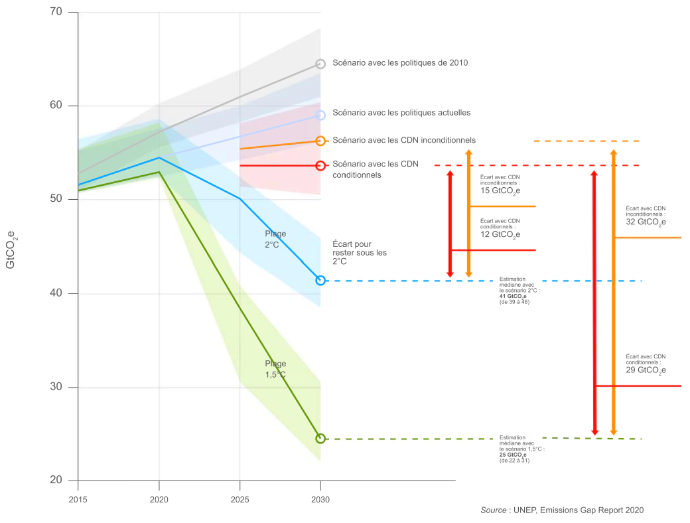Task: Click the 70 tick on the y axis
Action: [55, 12]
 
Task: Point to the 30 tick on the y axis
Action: [55, 387]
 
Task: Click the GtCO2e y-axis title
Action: [11, 250]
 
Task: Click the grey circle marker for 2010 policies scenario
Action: [320, 64]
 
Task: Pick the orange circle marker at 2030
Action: [320, 141]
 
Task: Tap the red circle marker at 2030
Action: [320, 165]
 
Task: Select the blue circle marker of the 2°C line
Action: [320, 280]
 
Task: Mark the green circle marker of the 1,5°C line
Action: [320, 438]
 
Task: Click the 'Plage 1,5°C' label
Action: [275, 369]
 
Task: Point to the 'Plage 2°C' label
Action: [275, 239]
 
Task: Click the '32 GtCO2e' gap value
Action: [646, 222]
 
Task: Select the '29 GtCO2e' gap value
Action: [646, 370]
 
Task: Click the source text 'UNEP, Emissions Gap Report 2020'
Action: [579, 510]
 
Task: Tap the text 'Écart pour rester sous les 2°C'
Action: [359, 253]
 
